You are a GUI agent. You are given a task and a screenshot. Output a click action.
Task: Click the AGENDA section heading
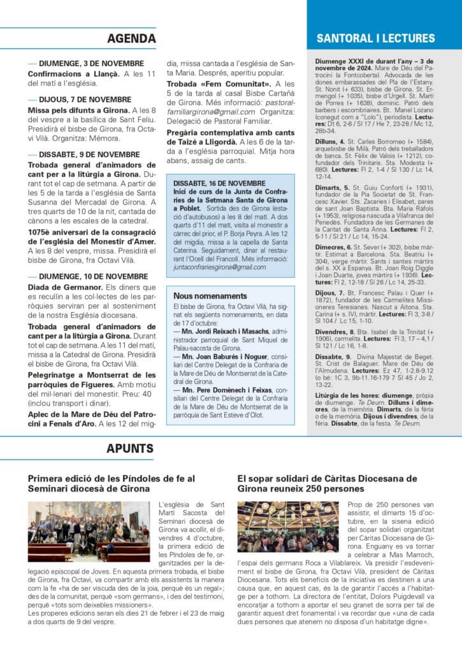(x=131, y=38)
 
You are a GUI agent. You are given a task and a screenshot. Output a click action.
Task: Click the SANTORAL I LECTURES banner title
(x=376, y=38)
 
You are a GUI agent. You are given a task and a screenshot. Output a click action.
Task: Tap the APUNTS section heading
(x=129, y=448)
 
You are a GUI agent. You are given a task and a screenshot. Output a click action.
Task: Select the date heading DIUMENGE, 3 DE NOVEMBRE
(x=91, y=64)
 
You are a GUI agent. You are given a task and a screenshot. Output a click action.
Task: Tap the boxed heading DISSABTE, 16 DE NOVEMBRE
(x=210, y=183)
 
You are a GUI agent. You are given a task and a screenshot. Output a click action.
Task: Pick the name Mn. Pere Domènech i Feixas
(x=215, y=388)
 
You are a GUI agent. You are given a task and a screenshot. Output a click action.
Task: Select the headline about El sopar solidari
(x=328, y=483)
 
